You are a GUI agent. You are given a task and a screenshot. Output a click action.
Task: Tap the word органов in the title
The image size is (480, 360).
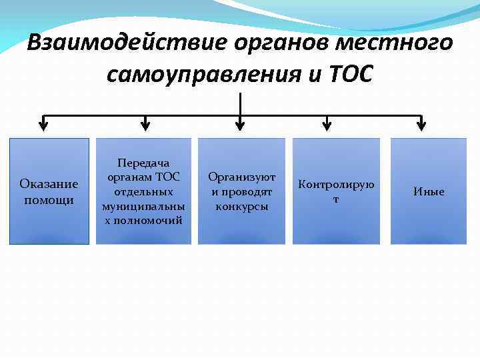[282, 43]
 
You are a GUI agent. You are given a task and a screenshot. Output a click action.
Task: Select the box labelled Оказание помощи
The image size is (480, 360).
[49, 191]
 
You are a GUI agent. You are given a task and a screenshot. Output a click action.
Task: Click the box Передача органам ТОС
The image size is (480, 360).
[143, 191]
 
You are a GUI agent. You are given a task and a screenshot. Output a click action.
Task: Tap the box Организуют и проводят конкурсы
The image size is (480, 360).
[241, 191]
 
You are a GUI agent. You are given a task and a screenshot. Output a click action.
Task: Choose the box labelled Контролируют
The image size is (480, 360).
[336, 191]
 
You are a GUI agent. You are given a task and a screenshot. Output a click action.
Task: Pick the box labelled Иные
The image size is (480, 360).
[428, 191]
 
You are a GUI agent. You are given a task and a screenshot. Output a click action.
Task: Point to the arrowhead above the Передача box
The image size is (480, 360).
[145, 123]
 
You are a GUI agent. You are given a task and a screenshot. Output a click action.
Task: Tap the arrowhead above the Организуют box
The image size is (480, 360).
[240, 123]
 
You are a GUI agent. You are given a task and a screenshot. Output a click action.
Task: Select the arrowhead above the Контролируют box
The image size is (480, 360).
[326, 123]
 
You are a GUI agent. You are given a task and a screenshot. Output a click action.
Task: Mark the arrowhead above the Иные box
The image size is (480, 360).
[421, 123]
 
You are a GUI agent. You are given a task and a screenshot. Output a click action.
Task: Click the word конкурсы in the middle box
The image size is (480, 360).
[241, 206]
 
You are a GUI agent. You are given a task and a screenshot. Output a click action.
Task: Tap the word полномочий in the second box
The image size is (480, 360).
[143, 220]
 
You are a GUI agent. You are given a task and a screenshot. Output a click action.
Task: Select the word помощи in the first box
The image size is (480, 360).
[49, 199]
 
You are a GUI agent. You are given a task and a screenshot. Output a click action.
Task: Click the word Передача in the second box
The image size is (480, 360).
[143, 163]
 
